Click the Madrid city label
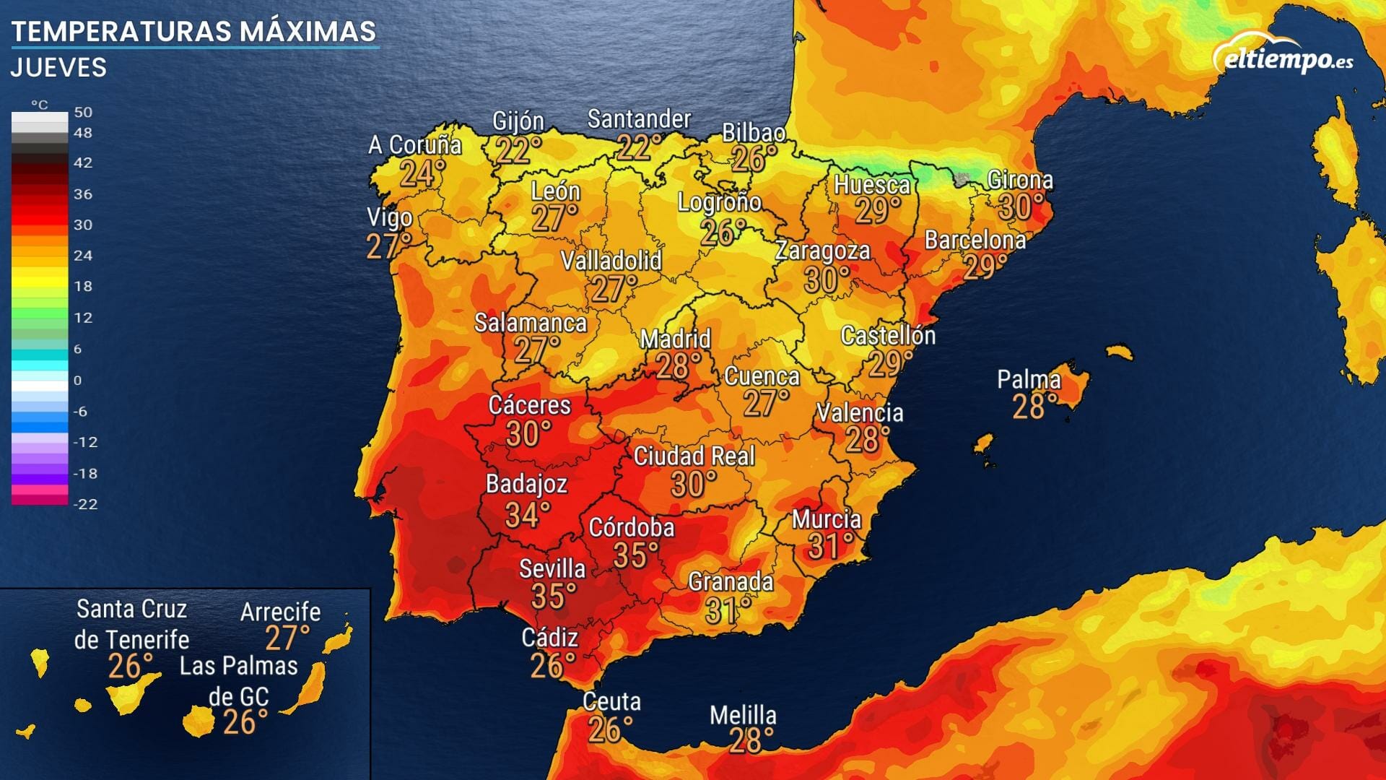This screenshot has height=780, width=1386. point(676,339)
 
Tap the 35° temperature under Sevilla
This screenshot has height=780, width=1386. point(554,597)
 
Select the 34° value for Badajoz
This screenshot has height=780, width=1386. point(527,515)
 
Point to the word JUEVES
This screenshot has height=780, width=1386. point(58,68)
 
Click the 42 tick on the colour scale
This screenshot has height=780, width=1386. point(83,163)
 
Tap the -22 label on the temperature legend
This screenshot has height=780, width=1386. point(85,504)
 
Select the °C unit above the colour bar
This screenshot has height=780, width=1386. point(40,105)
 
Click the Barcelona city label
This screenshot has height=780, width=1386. point(975,240)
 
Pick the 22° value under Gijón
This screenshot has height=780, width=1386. point(518,150)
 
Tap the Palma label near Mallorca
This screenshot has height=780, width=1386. point(1029,379)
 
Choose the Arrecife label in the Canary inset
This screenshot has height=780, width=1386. point(280,612)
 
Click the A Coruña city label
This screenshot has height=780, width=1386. point(414,145)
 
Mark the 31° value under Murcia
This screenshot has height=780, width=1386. point(830,547)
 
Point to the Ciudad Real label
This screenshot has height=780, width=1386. point(694,456)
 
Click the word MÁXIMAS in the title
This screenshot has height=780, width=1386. point(308,32)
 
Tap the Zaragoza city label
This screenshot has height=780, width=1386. point(822,251)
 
